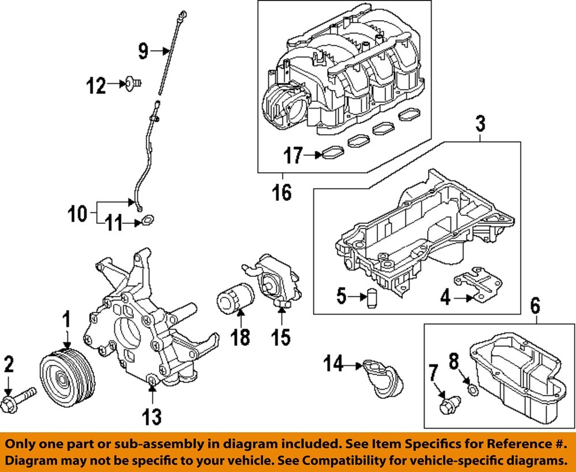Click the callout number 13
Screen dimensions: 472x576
[x=151, y=416]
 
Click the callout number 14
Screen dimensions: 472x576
[x=334, y=364]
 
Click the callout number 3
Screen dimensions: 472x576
[x=480, y=123]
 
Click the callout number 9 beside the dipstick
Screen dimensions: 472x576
[x=143, y=52]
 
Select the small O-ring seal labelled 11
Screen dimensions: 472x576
[x=147, y=219]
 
